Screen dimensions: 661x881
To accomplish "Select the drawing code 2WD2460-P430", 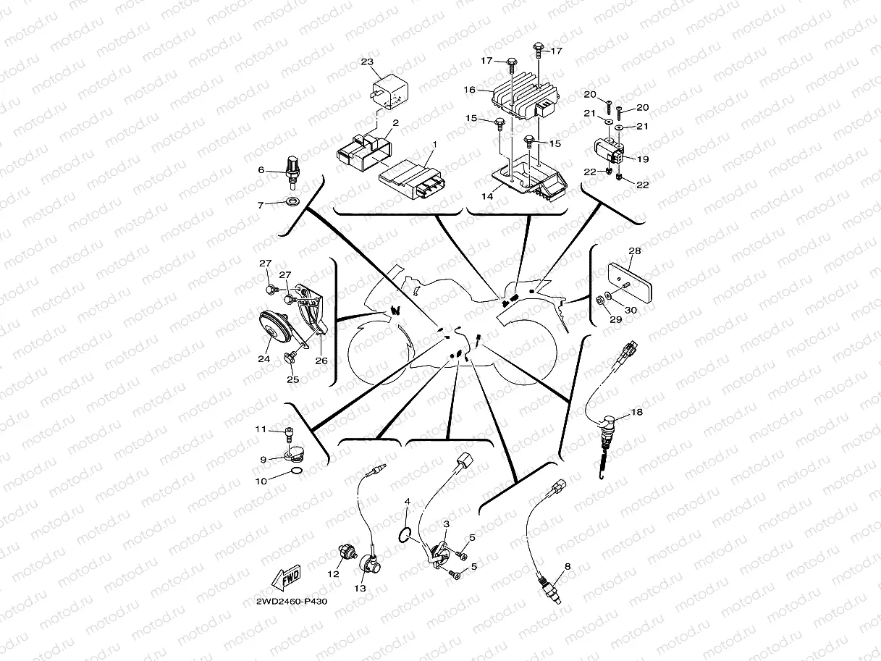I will (286, 602).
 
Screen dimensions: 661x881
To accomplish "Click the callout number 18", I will (636, 412).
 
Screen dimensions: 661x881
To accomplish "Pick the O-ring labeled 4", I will (406, 535).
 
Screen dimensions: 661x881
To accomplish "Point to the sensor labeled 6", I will (292, 166).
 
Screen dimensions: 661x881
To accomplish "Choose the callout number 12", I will (333, 573).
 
